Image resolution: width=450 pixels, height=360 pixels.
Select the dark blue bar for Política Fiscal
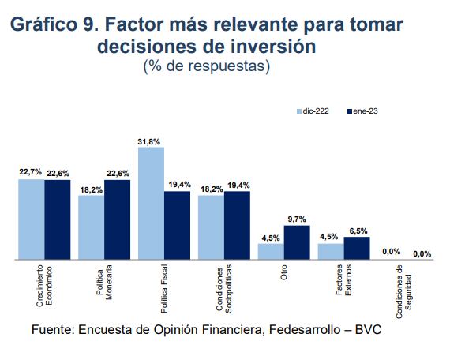tap(177, 225)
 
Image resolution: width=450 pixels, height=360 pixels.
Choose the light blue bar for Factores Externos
tap(331, 251)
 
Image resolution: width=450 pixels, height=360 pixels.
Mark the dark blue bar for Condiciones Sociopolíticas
tap(237, 225)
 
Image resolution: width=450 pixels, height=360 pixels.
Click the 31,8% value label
tap(149, 141)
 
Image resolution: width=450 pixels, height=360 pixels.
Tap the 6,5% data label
tap(358, 231)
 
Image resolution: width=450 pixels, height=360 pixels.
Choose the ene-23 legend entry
tap(364, 112)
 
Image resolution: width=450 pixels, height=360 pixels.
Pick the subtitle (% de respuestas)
tap(206, 67)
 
